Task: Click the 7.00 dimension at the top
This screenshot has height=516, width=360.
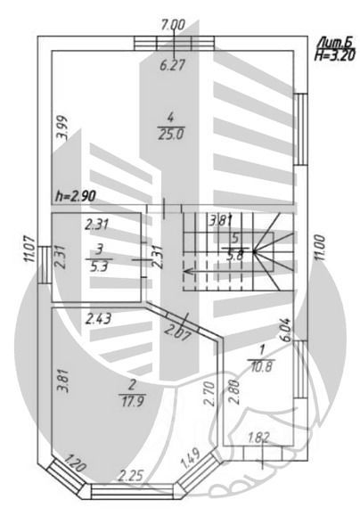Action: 174,25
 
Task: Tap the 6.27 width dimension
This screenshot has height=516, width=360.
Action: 173,65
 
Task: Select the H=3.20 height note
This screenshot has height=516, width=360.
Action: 334,55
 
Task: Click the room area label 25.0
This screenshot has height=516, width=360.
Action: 171,135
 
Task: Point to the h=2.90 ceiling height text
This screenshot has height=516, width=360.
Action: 76,196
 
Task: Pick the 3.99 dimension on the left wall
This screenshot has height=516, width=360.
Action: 62,127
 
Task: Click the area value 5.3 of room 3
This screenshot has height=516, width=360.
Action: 98,266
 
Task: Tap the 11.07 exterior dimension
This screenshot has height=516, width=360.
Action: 30,249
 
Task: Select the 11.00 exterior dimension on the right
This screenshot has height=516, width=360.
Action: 320,248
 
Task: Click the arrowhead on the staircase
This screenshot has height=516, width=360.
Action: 188,272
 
